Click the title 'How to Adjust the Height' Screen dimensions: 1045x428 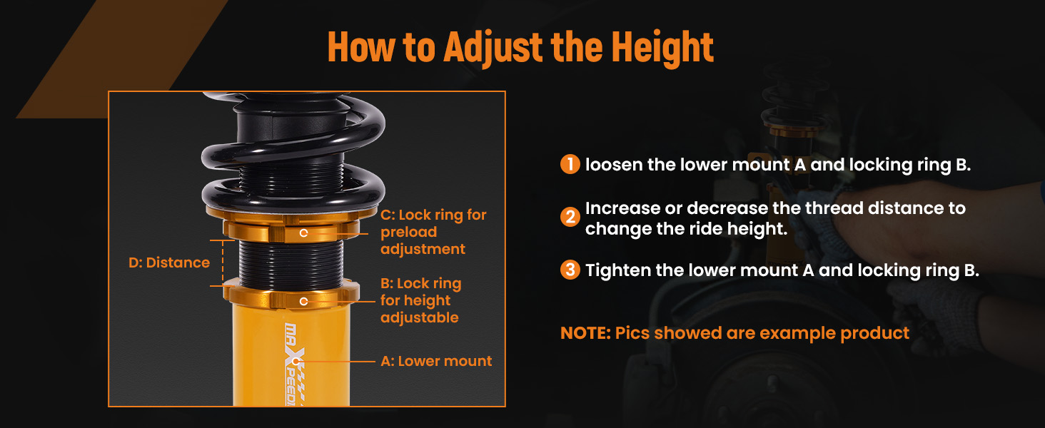click(520, 46)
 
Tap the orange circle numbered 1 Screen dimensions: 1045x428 click(570, 164)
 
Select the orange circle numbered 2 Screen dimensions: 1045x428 click(570, 217)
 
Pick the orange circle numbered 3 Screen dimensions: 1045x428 click(570, 270)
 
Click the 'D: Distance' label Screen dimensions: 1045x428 click(169, 263)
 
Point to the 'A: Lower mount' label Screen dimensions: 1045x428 click(436, 361)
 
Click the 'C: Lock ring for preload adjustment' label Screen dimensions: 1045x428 click(433, 232)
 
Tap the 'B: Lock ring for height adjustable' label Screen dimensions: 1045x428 click(421, 300)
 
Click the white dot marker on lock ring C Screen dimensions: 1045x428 click(303, 233)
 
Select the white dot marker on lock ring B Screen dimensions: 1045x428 click(303, 301)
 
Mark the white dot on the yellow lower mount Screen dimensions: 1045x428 click(295, 361)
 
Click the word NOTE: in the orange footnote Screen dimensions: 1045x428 click(585, 333)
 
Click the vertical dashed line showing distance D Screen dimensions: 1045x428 click(223, 263)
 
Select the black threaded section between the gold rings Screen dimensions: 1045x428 click(291, 264)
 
